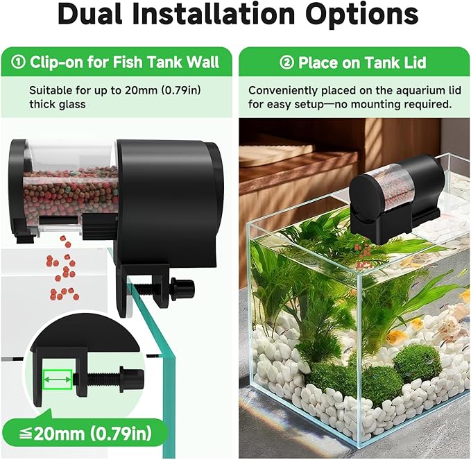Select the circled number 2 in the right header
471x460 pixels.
[x=287, y=63]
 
